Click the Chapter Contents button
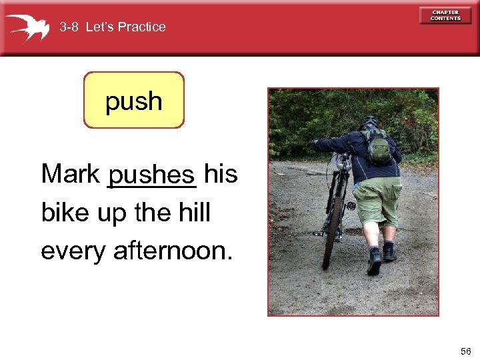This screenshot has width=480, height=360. point(445,15)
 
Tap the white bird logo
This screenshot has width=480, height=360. point(28,27)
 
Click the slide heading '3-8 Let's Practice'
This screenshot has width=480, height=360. point(112,27)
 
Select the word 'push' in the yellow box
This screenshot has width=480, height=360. point(133,101)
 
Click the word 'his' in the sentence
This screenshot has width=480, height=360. point(221,175)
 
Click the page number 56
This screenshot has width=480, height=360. point(465,351)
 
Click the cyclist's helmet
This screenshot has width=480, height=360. point(368,123)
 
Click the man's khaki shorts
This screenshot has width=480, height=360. point(376,200)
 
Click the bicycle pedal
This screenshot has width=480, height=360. point(351,206)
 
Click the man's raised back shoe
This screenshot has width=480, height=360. point(373,262)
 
